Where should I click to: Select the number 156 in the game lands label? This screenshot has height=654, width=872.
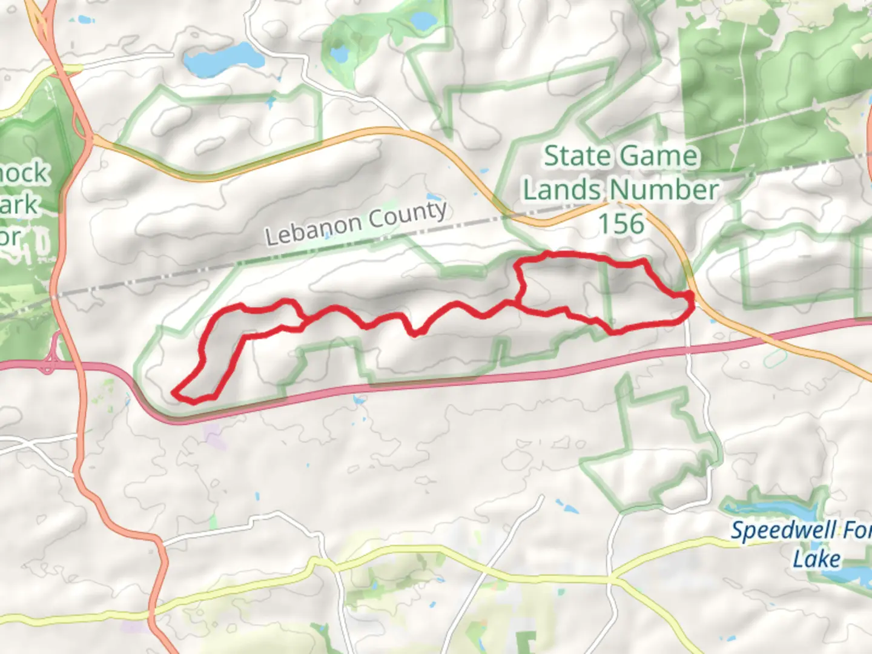[x=621, y=224]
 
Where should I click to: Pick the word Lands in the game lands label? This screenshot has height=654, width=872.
[x=561, y=190]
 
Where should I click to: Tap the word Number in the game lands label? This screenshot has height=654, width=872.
[x=664, y=190]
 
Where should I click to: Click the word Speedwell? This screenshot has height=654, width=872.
[x=775, y=530]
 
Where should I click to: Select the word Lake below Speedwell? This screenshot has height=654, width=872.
[x=816, y=558]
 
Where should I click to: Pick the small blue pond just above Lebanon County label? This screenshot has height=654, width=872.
[x=434, y=197]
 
